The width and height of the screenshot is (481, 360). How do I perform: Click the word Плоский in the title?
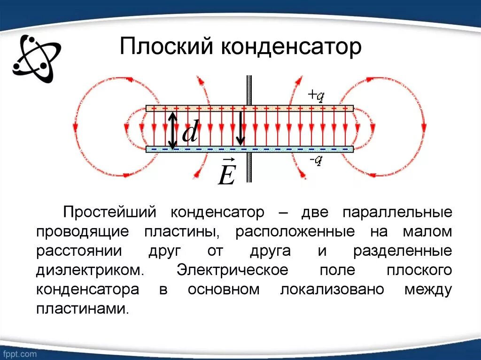(166, 48)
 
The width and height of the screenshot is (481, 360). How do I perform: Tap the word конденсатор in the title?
(291, 48)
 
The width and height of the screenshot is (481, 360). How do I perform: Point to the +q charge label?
(316, 96)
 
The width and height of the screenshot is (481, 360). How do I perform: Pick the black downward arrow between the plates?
(240, 128)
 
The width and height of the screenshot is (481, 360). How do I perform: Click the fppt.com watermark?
(19, 353)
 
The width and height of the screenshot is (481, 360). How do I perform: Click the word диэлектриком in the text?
(88, 270)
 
